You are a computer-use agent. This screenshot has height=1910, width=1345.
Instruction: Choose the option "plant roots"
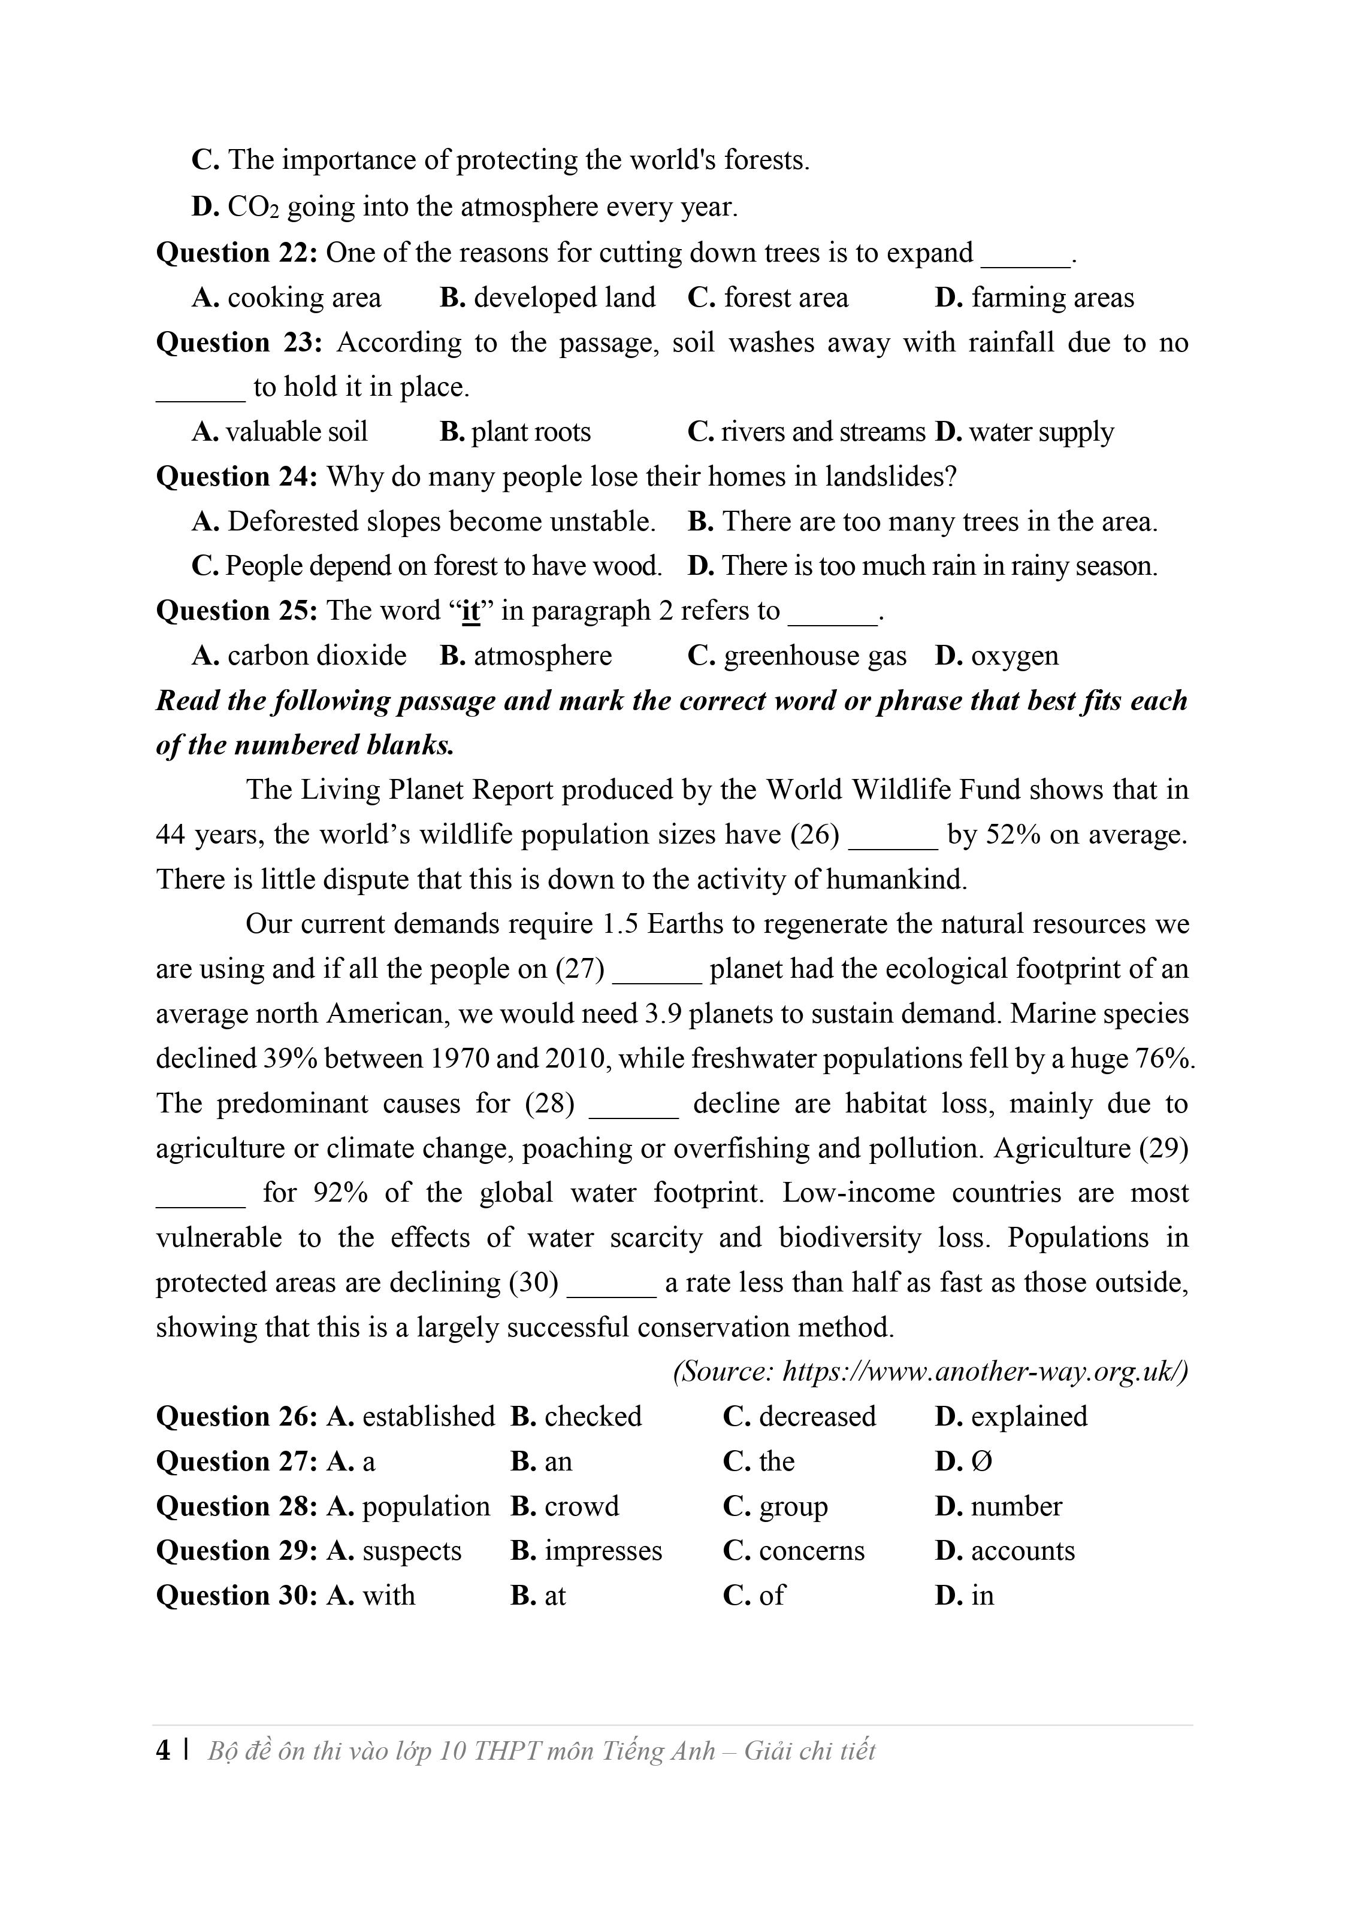[530, 432]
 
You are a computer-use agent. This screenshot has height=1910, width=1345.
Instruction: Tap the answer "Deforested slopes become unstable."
[441, 522]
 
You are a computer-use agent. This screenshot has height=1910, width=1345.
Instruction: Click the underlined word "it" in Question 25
[470, 611]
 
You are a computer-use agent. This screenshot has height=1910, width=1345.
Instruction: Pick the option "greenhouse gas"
[814, 656]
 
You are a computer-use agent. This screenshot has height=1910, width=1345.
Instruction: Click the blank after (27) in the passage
[657, 970]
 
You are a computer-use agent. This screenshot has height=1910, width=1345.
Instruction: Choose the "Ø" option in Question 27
[981, 1462]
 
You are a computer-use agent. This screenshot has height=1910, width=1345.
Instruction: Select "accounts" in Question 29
[1022, 1551]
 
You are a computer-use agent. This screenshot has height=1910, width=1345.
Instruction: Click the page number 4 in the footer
[163, 1751]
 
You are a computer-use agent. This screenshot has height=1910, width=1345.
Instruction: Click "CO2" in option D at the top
[252, 207]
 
